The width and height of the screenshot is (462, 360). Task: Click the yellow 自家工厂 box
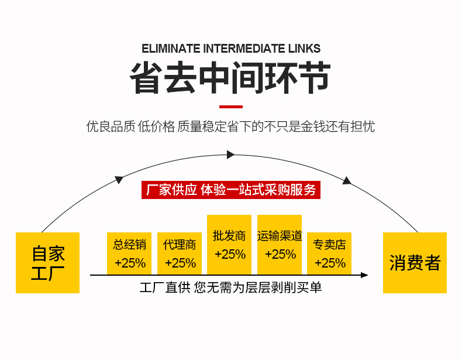click(x=47, y=262)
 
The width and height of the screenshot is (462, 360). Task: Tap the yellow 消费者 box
click(x=415, y=262)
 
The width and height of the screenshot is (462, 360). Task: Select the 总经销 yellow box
click(x=129, y=253)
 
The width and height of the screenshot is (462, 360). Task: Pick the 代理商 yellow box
click(x=180, y=253)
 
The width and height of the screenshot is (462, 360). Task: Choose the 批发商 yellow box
click(x=229, y=245)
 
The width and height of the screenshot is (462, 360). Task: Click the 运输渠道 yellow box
click(x=280, y=245)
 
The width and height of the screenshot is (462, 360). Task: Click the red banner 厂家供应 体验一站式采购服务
click(x=230, y=190)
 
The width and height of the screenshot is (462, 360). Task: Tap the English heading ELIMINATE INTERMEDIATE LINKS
click(x=231, y=49)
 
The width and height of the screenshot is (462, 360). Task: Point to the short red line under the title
click(x=230, y=107)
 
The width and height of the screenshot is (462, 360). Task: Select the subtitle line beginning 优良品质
click(x=230, y=126)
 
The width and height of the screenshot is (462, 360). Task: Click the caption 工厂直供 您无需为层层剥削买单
click(x=230, y=287)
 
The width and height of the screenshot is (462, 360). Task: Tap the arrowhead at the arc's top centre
click(x=230, y=155)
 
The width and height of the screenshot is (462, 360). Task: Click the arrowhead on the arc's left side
click(x=119, y=179)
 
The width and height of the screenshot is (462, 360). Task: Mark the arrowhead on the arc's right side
click(x=347, y=181)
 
